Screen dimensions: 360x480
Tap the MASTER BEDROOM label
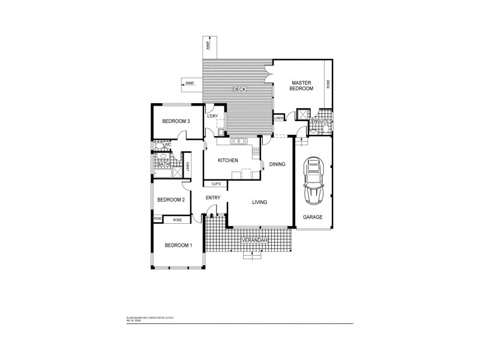pyautogui.click(x=302, y=85)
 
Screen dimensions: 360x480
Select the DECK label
pyautogui.click(x=240, y=89)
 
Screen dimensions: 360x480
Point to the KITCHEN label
pyautogui.click(x=228, y=160)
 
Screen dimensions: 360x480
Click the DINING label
pyautogui.click(x=277, y=164)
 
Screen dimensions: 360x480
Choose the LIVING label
pyautogui.click(x=259, y=203)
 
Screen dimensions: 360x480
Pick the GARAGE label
pyautogui.click(x=313, y=217)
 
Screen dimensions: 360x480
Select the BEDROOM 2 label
pyautogui.click(x=170, y=200)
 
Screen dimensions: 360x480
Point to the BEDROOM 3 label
pyautogui.click(x=176, y=121)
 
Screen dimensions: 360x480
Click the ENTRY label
pyautogui.click(x=213, y=198)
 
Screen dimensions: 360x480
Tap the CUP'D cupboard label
pyautogui.click(x=216, y=184)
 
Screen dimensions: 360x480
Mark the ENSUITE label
pyautogui.click(x=319, y=122)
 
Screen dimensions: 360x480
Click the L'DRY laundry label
pyautogui.click(x=212, y=116)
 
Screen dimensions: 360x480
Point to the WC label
pyautogui.click(x=168, y=145)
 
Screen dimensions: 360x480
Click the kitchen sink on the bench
pyautogui.click(x=239, y=141)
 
